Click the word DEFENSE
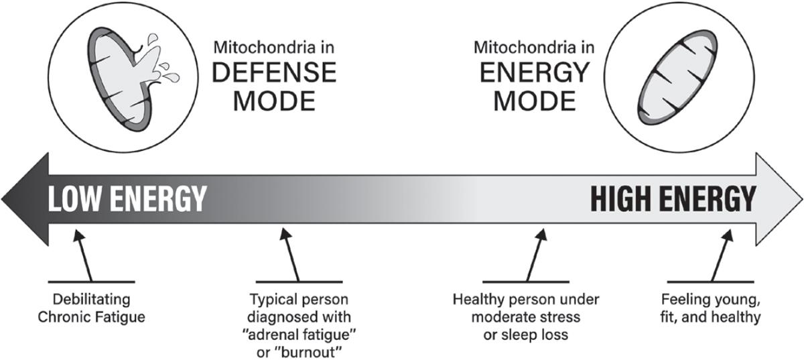[x=273, y=72]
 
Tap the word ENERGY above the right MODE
[x=534, y=72]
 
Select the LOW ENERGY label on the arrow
[x=125, y=199]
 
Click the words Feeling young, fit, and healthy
[x=710, y=306]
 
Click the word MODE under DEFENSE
[x=273, y=101]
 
